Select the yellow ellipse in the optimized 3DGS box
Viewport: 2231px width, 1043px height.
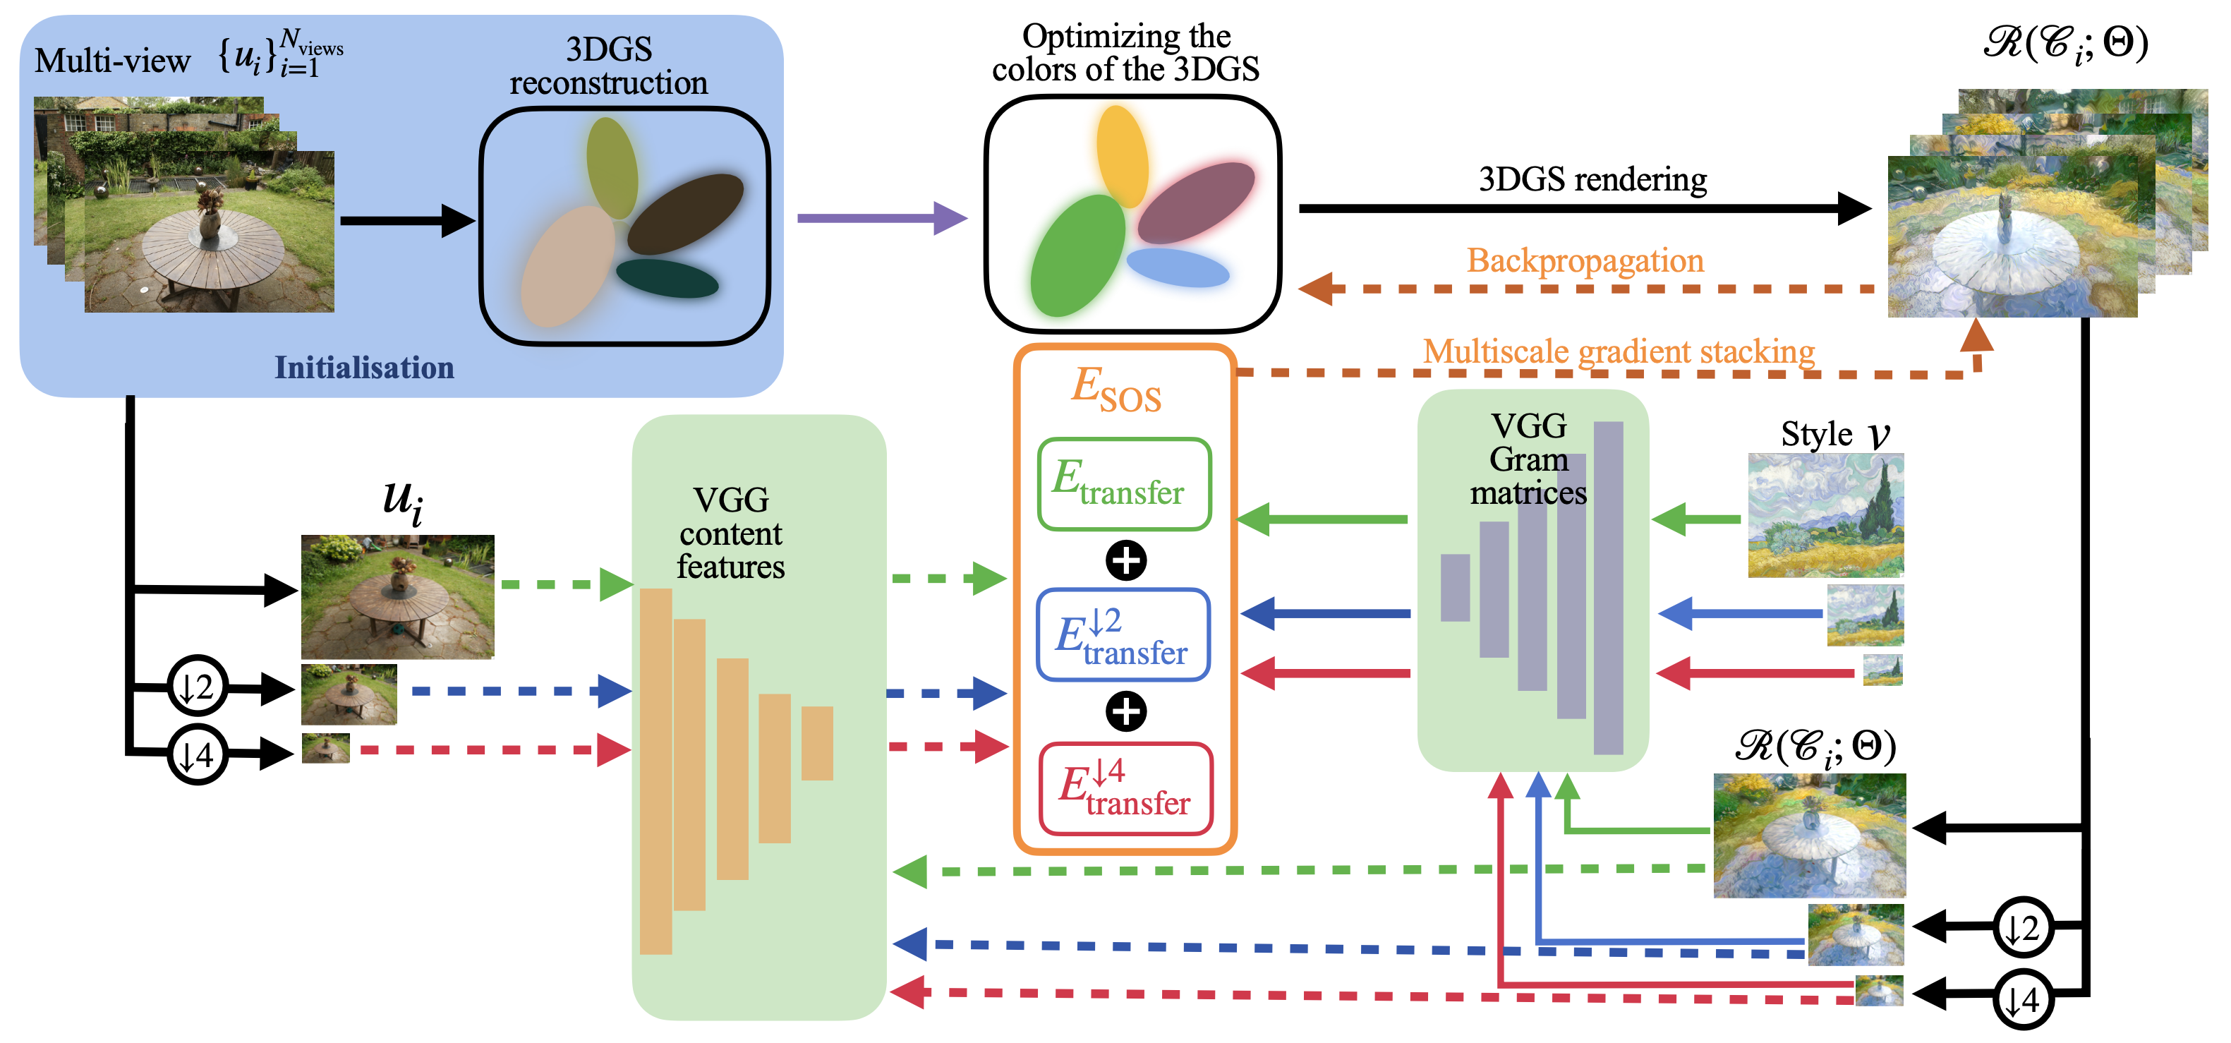[1122, 156]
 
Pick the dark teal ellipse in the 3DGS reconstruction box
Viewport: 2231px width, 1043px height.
[667, 278]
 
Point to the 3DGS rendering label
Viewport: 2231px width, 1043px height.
[1592, 179]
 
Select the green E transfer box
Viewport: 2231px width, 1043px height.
[1124, 484]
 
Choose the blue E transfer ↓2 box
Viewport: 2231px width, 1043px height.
[1123, 635]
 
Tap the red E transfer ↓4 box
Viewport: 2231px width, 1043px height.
[1125, 788]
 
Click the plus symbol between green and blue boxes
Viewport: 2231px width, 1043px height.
[1126, 560]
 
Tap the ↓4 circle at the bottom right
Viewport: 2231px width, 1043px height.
[2022, 1001]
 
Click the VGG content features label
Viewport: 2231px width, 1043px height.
[730, 533]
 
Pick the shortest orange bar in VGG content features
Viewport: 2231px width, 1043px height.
[817, 743]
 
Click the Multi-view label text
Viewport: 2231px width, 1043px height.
[113, 61]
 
